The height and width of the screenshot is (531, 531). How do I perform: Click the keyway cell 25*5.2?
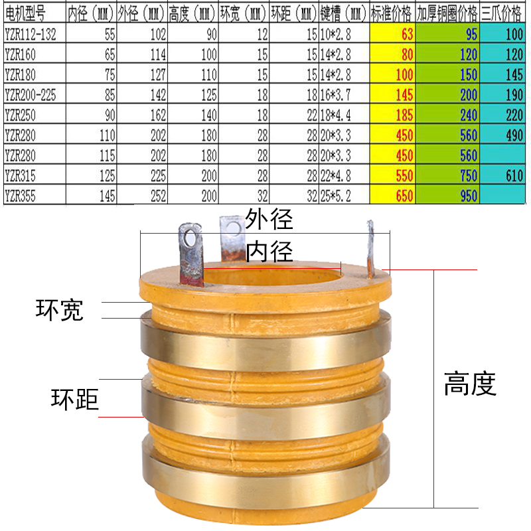point(344,196)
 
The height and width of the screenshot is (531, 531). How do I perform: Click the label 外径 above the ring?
point(269,218)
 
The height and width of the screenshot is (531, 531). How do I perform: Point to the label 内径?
point(269,252)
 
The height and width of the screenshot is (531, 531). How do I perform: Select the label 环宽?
point(60,310)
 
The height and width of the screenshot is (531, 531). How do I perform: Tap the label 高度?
point(470,384)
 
